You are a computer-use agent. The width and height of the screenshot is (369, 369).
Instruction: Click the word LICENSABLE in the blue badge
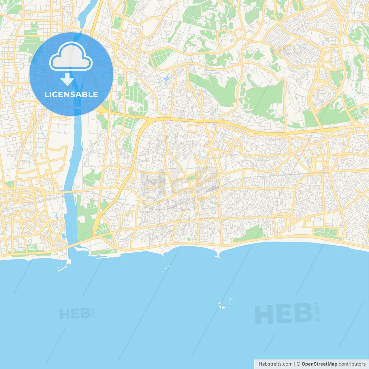click(71, 94)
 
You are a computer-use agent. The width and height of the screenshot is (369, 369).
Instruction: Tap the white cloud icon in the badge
click(71, 57)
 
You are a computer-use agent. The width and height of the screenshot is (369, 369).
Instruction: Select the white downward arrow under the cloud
click(67, 79)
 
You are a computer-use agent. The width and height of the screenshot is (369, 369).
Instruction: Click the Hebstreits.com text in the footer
click(275, 364)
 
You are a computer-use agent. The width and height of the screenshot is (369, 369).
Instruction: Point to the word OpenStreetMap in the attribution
click(319, 364)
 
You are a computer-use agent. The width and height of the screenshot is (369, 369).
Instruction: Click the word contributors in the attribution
click(352, 364)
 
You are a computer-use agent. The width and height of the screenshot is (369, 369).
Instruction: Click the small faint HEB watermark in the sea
click(75, 313)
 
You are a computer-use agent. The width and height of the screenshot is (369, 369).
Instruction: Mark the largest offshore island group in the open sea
click(225, 304)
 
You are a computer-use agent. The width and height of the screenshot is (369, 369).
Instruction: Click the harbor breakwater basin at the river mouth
click(64, 264)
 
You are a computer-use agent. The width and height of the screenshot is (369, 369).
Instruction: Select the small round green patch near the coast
click(189, 239)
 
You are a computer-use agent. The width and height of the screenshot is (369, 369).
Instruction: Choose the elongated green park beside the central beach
click(249, 234)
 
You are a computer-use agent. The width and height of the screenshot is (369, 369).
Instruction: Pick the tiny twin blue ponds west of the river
click(56, 216)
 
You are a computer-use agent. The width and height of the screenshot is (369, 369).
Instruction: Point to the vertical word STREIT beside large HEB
click(317, 311)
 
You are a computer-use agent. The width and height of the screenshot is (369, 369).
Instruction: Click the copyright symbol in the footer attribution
click(298, 364)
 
